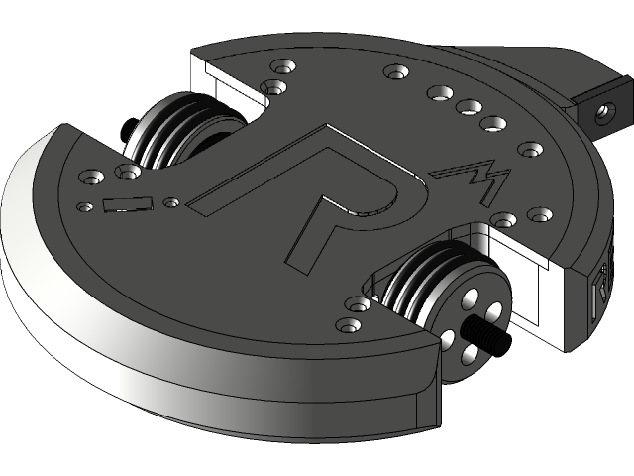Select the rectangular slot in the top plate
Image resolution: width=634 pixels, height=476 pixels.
click(x=127, y=205)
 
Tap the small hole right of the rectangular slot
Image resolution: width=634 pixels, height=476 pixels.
click(x=171, y=203)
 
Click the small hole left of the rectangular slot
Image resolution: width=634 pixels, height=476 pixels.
click(x=84, y=205)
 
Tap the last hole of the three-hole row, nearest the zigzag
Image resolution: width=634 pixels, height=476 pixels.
click(x=492, y=124)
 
